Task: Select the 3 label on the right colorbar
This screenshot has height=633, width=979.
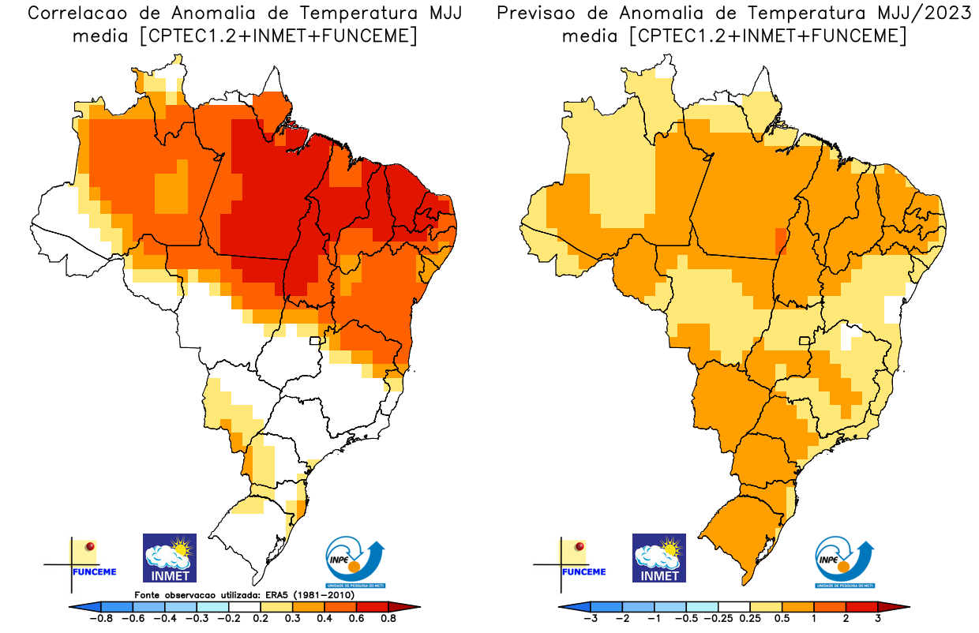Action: coord(878,620)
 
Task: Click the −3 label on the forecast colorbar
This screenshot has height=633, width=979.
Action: coord(590,620)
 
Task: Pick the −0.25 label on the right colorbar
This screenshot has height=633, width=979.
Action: coord(718,620)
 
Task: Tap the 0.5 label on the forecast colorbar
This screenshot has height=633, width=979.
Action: coord(782,620)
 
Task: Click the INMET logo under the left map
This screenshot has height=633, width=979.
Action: coord(169,558)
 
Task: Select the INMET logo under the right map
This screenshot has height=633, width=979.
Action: coord(659,558)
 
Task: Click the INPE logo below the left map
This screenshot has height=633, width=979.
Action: coord(356,563)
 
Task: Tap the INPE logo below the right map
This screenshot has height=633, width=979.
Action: coord(845,563)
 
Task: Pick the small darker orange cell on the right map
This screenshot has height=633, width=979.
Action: coord(781,240)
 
